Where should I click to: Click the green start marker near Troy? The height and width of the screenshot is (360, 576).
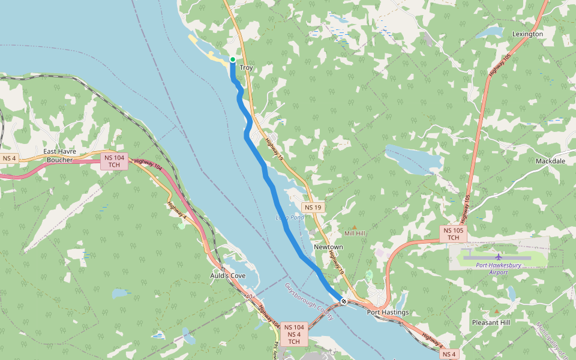click(233, 59)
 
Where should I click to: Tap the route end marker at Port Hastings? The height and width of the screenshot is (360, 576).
click(344, 301)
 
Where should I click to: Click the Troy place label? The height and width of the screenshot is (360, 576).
click(247, 68)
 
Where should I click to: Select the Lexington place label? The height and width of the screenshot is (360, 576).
click(527, 34)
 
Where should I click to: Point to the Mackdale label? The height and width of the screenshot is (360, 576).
click(550, 161)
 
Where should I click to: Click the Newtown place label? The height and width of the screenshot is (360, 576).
click(328, 247)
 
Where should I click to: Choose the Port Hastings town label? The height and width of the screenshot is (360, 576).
click(388, 312)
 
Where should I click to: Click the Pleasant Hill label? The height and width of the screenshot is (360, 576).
click(491, 322)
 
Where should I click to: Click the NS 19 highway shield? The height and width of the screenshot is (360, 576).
click(313, 208)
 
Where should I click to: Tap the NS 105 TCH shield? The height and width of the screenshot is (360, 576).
click(453, 234)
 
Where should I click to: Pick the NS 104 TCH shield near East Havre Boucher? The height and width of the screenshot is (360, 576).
click(114, 161)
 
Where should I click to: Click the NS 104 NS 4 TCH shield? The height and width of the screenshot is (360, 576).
click(294, 334)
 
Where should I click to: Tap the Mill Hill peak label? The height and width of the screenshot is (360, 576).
click(355, 233)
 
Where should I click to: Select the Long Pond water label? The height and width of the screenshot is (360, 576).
click(290, 217)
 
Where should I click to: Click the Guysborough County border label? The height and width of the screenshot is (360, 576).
click(308, 301)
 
